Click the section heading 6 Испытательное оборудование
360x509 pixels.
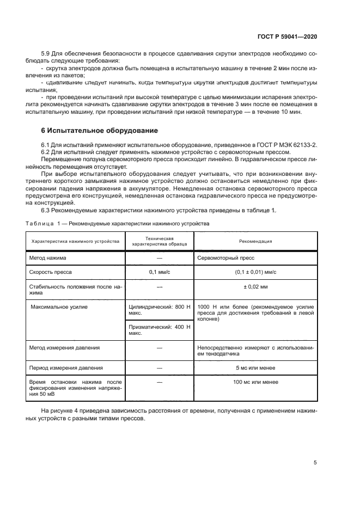(x=100, y=131)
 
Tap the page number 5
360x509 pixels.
(x=315, y=463)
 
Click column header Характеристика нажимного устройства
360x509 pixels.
(x=76, y=241)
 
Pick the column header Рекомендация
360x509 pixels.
(x=255, y=241)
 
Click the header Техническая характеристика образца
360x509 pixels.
(x=160, y=241)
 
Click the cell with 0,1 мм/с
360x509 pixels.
(x=160, y=271)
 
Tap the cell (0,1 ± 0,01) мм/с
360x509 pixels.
(x=255, y=271)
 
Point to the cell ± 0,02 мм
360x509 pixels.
(x=255, y=286)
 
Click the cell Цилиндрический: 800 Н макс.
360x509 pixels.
(x=160, y=310)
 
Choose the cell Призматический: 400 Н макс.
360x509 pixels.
(x=160, y=330)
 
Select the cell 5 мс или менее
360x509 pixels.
(x=255, y=368)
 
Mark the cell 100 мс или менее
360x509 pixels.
(x=255, y=383)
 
